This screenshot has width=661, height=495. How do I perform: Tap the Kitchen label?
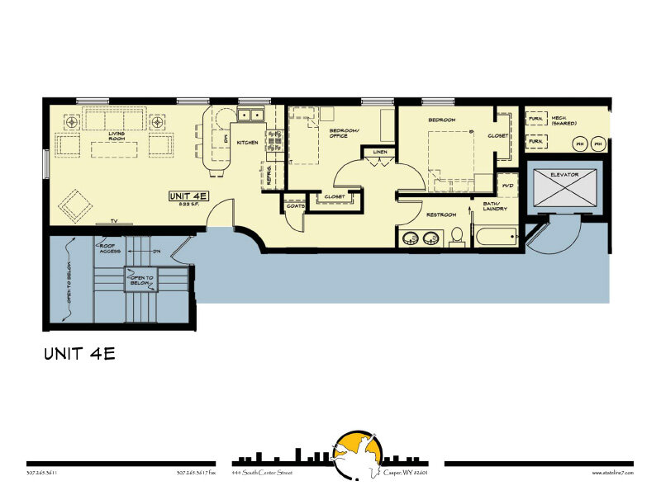[x=248, y=142]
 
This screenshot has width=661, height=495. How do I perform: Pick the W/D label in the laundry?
[x=508, y=185]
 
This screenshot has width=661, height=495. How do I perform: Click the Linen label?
[x=379, y=153]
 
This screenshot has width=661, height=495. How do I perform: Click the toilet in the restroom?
[x=456, y=238]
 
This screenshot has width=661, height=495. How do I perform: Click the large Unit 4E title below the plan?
[x=79, y=355]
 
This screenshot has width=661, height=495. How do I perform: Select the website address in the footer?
[x=612, y=473]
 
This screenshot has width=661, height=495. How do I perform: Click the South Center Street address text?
[x=262, y=473]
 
